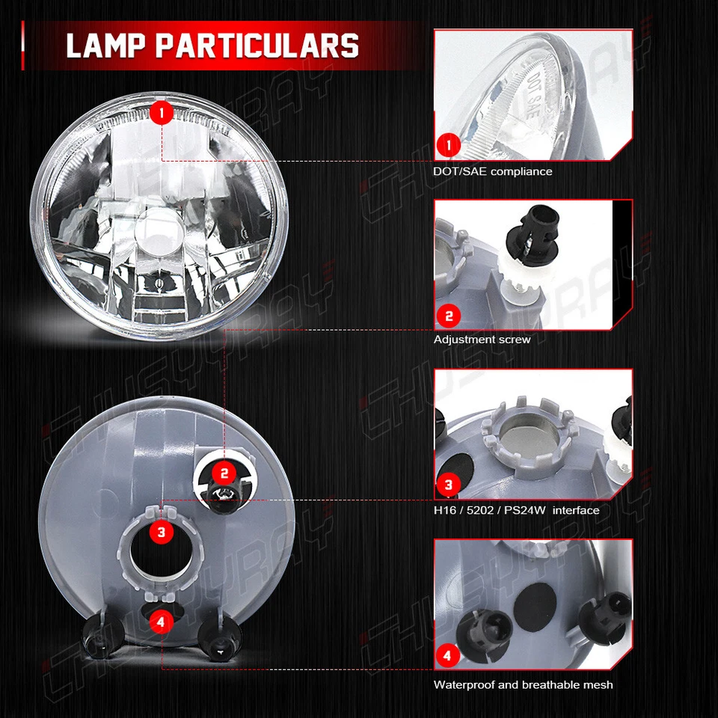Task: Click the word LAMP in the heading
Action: (104, 46)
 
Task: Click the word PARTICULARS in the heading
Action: (257, 46)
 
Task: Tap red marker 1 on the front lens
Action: (162, 113)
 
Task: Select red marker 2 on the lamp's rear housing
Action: (224, 472)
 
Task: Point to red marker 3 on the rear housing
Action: (162, 533)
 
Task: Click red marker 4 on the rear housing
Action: (162, 620)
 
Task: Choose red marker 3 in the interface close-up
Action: (449, 485)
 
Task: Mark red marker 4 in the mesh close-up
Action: (447, 656)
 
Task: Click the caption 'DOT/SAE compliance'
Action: (492, 171)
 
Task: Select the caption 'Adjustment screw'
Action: (482, 340)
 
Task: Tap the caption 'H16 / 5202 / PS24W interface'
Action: (516, 510)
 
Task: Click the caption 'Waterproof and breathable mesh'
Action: (523, 684)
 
